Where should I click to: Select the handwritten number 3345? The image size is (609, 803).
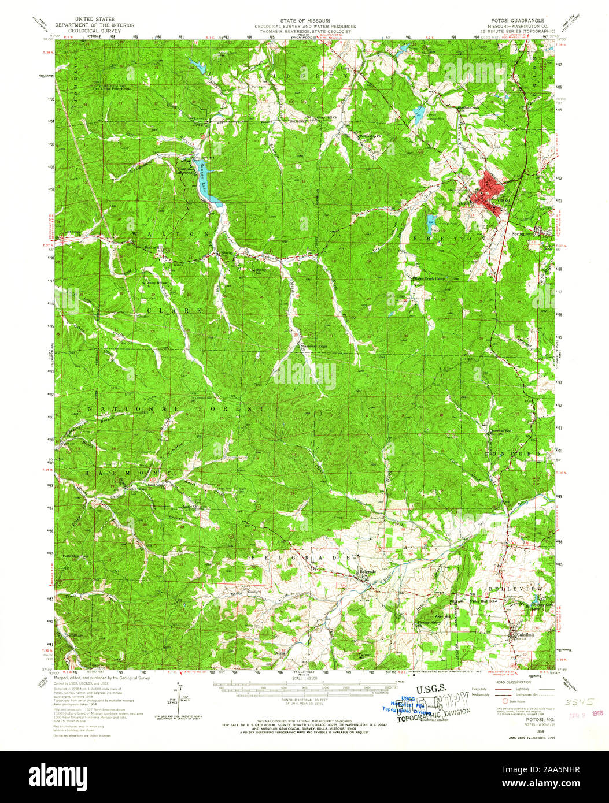575,700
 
